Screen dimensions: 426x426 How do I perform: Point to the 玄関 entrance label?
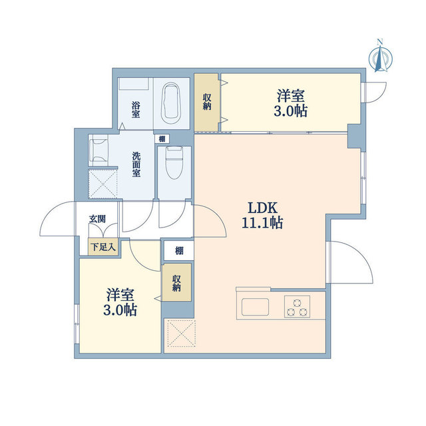[99, 218]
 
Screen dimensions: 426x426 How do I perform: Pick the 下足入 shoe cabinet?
[103, 247]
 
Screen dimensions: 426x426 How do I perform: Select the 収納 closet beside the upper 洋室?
[207, 102]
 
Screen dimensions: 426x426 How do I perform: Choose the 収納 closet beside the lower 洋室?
[177, 283]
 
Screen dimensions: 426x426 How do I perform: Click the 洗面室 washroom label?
[136, 164]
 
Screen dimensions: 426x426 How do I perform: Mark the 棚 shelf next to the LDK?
[179, 250]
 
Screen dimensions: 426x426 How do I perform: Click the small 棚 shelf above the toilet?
[162, 139]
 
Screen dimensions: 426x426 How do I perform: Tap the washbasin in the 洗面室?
[100, 150]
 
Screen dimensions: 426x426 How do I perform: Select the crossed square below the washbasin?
[104, 184]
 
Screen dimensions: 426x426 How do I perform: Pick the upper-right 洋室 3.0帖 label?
[290, 103]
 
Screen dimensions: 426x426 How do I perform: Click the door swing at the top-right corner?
[376, 91]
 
